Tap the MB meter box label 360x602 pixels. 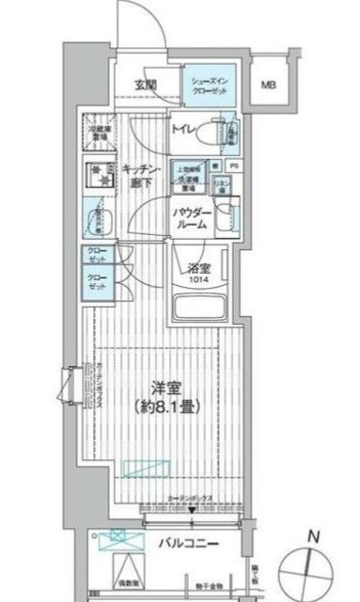tap(269, 85)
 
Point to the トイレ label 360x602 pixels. tap(182, 131)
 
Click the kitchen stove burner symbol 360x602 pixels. tap(95, 176)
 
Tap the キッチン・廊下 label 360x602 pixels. tap(138, 173)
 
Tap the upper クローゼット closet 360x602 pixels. tap(97, 257)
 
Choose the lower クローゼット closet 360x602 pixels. tap(97, 284)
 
